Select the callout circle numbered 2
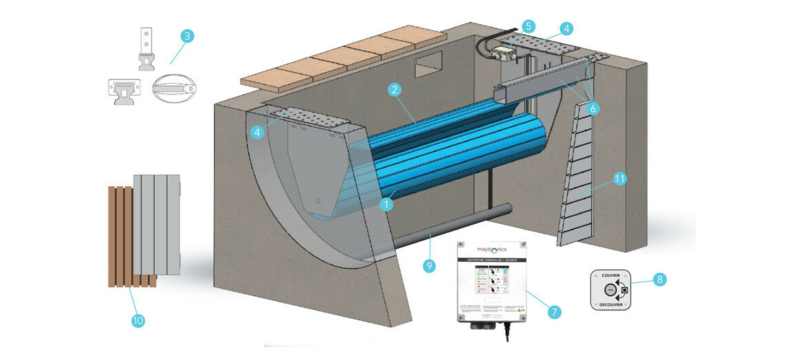click(394, 89)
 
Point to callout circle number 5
click(528, 26)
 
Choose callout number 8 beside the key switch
click(659, 280)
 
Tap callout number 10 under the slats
click(138, 320)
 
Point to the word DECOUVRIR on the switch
click(610, 304)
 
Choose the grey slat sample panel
click(156, 224)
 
